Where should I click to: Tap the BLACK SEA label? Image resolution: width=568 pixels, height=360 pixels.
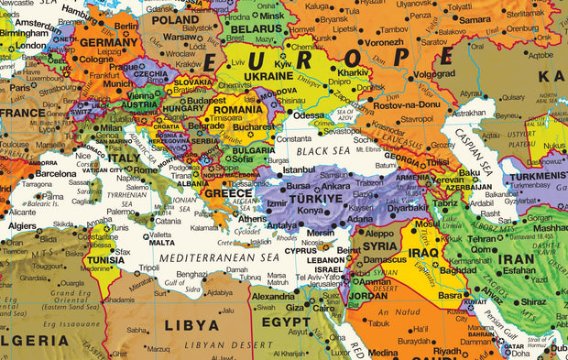tap(323, 149)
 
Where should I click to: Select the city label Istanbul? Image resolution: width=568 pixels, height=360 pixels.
tap(299, 169)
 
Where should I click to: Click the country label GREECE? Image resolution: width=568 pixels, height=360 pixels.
tap(228, 193)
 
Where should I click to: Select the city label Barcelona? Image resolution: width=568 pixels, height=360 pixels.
tap(56, 173)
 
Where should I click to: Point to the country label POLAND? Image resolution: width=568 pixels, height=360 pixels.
tap(175, 19)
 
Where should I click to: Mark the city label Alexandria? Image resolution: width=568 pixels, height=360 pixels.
tap(274, 297)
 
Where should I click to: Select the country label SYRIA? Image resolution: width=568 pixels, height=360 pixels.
tap(380, 245)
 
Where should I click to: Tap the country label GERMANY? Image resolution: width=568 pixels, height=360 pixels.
tap(110, 42)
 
